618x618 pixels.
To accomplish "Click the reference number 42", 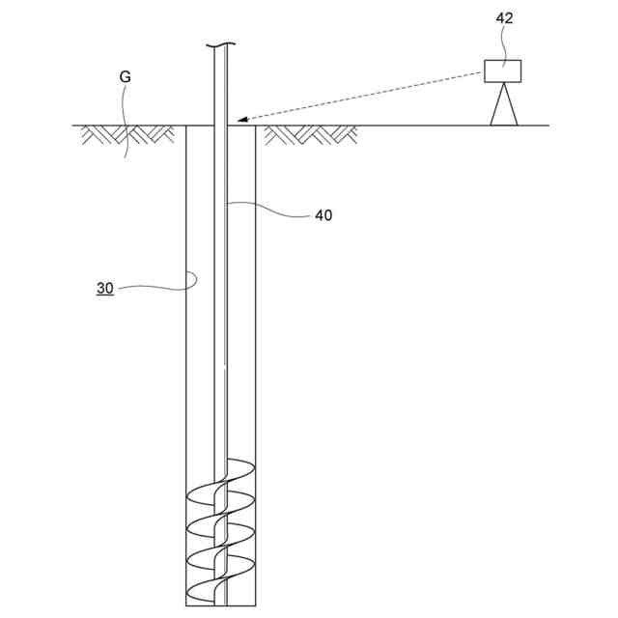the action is tap(504, 17).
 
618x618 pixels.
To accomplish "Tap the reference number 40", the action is tap(323, 215).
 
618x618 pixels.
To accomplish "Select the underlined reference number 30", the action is tap(104, 288).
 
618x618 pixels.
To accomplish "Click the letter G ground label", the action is tap(125, 76).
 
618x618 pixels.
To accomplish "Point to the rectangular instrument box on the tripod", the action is tap(502, 70).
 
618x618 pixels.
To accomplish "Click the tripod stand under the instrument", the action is tap(503, 105).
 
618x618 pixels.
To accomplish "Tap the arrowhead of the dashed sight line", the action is tap(240, 120).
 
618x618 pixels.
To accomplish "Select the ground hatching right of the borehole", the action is tap(309, 134).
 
